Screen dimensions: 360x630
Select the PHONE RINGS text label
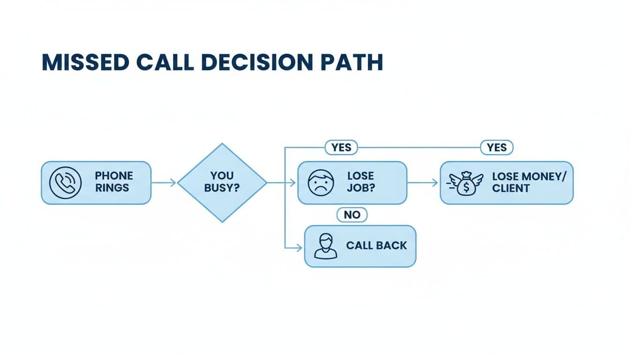(x=114, y=182)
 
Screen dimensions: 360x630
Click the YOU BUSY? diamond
(x=222, y=182)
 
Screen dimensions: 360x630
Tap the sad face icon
(x=321, y=182)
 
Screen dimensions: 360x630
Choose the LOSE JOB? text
(x=360, y=182)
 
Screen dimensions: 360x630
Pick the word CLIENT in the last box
(x=511, y=188)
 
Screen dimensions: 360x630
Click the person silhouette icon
(x=325, y=246)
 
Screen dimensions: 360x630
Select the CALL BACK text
(x=376, y=246)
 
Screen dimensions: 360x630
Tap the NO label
(x=352, y=215)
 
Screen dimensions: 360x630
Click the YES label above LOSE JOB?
(x=341, y=148)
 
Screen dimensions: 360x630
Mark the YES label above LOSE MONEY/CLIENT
(x=496, y=148)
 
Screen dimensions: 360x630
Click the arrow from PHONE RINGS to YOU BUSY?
(x=164, y=183)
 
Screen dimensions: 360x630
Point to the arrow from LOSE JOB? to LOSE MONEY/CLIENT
(x=423, y=183)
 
